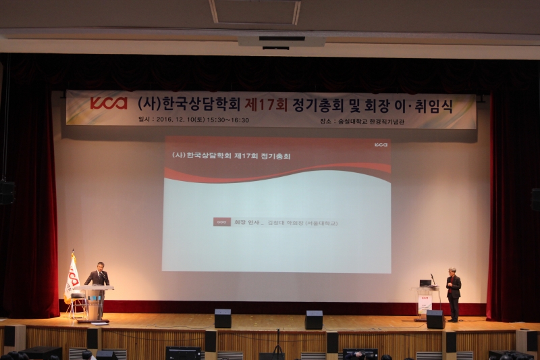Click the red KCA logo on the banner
coord(108,103)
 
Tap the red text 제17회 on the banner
coord(265,104)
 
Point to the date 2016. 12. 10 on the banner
coord(180,120)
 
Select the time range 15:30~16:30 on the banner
coord(230,120)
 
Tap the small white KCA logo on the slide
coord(381,144)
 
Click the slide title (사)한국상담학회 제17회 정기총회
coord(232,155)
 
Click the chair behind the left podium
coord(77,304)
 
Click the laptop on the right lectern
coord(425,282)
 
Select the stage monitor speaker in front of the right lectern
coord(435,319)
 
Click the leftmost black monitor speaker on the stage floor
coord(223,318)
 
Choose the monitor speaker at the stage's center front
coord(314,319)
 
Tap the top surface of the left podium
coord(94,288)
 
